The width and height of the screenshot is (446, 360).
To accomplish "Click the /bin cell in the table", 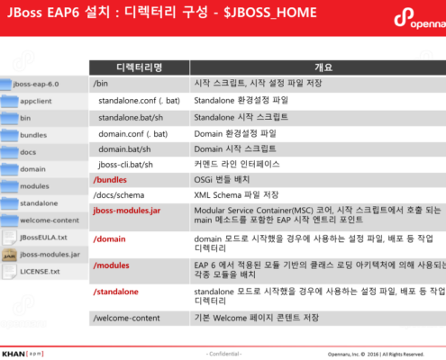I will coord(101,83).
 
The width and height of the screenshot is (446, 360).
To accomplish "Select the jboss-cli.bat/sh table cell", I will coord(127,165).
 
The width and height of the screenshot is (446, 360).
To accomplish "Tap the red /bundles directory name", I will coord(111,180).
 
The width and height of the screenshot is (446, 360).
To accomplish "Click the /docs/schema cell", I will coord(117,195).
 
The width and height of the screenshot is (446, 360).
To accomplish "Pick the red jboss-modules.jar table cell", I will coord(127,211).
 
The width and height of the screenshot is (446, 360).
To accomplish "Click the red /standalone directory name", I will coord(116,292).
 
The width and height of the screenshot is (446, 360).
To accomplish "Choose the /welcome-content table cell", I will coord(125,319).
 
